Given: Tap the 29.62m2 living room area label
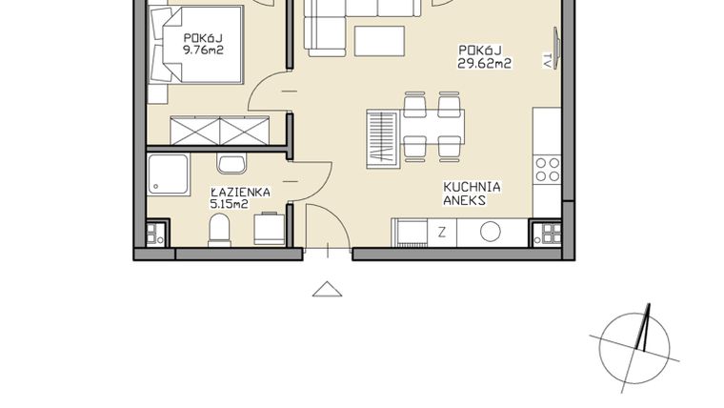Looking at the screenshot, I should point(484,65).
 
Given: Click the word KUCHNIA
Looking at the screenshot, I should point(472,188).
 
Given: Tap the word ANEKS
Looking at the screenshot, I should point(465,202).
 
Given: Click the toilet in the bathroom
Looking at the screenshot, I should point(219,230).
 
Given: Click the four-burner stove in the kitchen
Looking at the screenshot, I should point(547,170).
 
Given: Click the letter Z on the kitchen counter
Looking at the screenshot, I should point(442,232).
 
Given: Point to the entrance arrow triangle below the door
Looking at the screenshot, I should point(327,289).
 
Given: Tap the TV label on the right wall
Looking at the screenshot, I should point(548,60).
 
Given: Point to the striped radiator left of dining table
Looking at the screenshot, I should point(380,135).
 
